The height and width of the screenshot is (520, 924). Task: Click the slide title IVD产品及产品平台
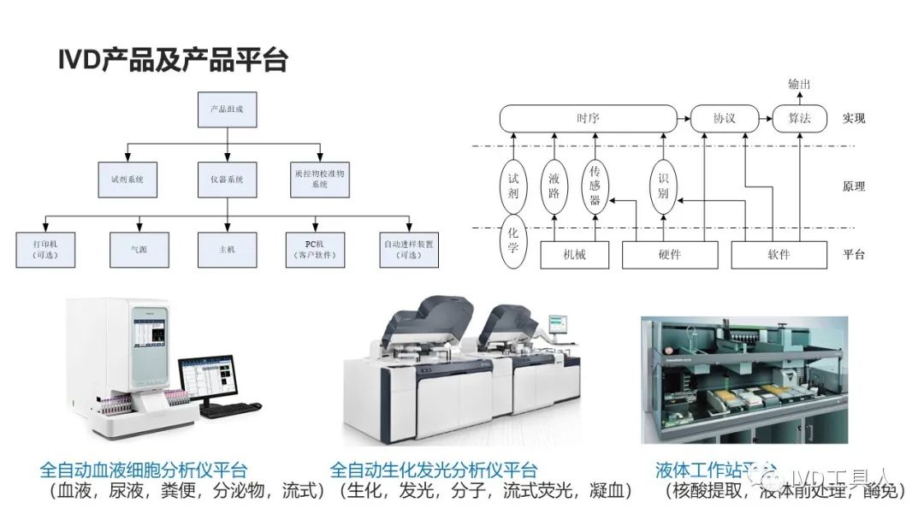pos(173,60)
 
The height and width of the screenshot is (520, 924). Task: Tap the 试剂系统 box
pos(127,180)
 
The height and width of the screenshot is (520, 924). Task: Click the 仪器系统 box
pos(227,180)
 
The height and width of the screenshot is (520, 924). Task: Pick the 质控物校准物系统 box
pos(319,180)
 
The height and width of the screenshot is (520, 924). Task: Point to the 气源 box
pos(139,250)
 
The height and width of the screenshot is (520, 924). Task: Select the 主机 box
pos(227,250)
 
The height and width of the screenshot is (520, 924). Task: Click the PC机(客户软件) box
pos(316,250)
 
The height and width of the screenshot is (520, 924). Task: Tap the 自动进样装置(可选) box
pos(407,250)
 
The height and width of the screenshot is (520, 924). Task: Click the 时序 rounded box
pos(588,118)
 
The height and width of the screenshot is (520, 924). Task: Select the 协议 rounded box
pos(724,118)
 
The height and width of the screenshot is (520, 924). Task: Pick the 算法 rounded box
pos(799,118)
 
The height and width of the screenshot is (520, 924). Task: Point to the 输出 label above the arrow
pos(798,84)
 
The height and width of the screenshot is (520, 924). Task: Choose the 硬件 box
pos(669,255)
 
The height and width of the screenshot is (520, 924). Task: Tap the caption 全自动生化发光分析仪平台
pos(434,470)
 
